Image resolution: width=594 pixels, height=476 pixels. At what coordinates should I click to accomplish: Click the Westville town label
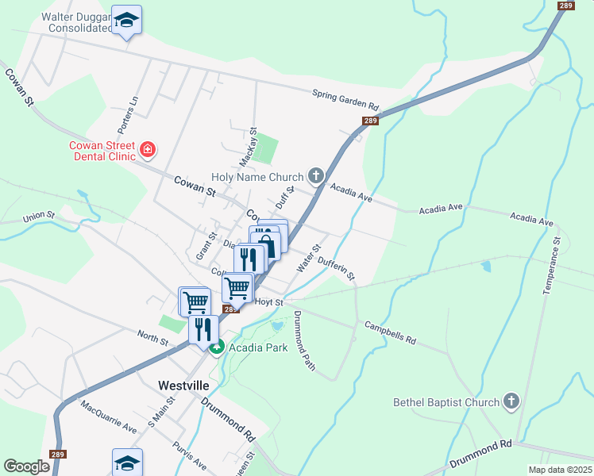[x=183, y=385]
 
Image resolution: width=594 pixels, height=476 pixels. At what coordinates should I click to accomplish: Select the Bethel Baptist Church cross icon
[x=511, y=402]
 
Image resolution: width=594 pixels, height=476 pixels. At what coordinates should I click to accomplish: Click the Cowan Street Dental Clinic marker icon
[x=147, y=149]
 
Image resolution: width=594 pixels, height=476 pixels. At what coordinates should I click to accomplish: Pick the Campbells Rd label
[x=390, y=332]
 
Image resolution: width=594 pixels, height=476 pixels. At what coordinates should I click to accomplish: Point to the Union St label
[x=38, y=215]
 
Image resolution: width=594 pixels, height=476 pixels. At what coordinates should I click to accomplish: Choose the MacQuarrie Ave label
[x=108, y=416]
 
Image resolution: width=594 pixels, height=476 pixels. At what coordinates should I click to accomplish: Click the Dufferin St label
[x=336, y=267]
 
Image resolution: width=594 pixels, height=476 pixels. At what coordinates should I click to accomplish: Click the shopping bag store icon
[x=265, y=245]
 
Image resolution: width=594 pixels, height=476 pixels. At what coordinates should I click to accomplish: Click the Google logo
[x=26, y=466]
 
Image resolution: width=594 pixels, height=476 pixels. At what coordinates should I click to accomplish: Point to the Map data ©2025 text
[x=560, y=470]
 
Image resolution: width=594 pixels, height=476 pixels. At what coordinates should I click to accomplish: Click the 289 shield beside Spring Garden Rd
[x=370, y=121]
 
